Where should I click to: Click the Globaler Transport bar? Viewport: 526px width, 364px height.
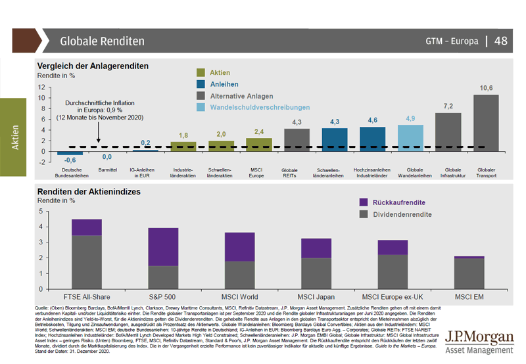tap(486, 123)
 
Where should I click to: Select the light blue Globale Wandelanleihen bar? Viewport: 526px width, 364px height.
tap(410, 138)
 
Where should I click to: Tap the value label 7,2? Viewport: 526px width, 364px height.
tap(448, 106)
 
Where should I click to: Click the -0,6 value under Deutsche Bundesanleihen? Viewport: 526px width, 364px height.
tap(70, 160)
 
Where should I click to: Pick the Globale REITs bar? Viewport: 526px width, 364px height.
tap(297, 139)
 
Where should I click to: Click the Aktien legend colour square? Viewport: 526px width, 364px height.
tap(203, 72)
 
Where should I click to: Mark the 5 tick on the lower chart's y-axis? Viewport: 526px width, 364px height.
tap(42, 212)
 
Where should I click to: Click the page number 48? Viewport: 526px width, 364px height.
tap(501, 41)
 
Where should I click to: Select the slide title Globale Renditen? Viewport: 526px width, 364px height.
tap(102, 41)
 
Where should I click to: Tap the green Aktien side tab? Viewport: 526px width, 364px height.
tap(15, 137)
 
